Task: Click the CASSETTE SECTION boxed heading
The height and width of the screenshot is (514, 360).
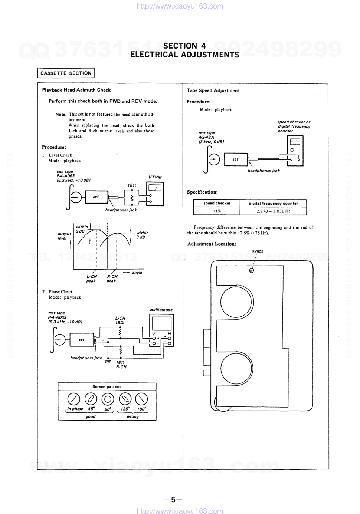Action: pyautogui.click(x=66, y=73)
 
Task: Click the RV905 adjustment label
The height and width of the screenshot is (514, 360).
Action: pyautogui.click(x=258, y=251)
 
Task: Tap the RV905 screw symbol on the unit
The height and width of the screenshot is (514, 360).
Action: pyautogui.click(x=252, y=270)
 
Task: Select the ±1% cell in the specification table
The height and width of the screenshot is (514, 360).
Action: pyautogui.click(x=217, y=211)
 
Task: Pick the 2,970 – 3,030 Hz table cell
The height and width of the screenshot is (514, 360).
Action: pyautogui.click(x=273, y=211)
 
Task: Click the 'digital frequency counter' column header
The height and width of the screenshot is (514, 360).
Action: pyautogui.click(x=273, y=203)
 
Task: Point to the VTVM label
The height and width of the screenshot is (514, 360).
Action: pyautogui.click(x=155, y=177)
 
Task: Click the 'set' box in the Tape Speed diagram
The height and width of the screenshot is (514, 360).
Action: pyautogui.click(x=236, y=159)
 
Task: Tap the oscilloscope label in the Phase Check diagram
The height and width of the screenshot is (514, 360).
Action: pyautogui.click(x=161, y=310)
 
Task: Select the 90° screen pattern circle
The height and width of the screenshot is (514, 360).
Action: pyautogui.click(x=108, y=399)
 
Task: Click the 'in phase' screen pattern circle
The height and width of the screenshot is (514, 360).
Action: pyautogui.click(x=74, y=399)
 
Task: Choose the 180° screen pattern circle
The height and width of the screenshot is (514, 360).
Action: pyautogui.click(x=141, y=399)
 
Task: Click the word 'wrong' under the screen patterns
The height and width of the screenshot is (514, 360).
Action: pyautogui.click(x=132, y=416)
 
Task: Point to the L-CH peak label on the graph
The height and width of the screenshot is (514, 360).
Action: pyautogui.click(x=91, y=279)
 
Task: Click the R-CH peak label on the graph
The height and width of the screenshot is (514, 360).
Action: pyautogui.click(x=112, y=279)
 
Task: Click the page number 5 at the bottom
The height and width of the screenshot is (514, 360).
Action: pyautogui.click(x=173, y=500)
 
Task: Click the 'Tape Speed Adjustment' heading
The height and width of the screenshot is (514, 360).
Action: pyautogui.click(x=213, y=90)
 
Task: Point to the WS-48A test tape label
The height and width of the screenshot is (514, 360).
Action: pyautogui.click(x=206, y=137)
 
